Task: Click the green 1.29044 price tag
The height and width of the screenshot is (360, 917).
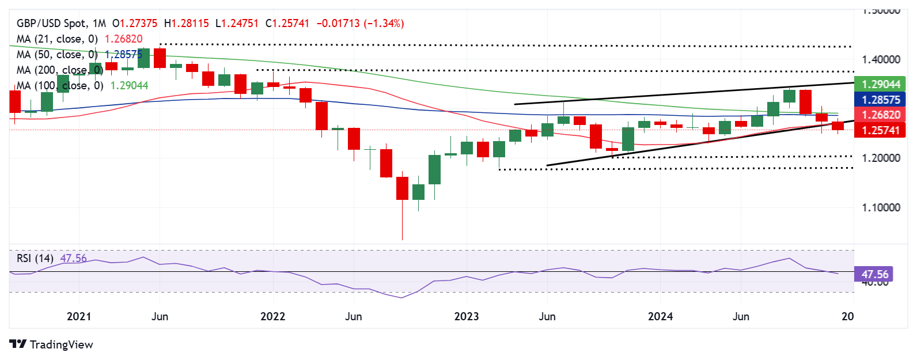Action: tap(880, 85)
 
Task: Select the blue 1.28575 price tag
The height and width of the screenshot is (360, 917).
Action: tap(880, 100)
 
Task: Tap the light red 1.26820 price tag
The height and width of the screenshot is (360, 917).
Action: tap(880, 115)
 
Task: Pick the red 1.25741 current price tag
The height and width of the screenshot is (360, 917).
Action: tap(880, 131)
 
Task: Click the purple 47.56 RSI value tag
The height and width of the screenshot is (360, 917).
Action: tap(874, 275)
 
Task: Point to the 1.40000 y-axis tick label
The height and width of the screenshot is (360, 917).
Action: tap(881, 59)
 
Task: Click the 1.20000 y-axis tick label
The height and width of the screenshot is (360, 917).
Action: tap(881, 158)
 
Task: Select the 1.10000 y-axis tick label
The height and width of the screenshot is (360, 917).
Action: tap(881, 207)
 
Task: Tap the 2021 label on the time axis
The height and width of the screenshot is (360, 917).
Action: tap(79, 316)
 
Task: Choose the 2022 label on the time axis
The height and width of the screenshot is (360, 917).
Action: tap(272, 316)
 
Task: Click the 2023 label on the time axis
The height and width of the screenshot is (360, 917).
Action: tap(466, 316)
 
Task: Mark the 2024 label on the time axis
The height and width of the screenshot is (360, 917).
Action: tap(660, 316)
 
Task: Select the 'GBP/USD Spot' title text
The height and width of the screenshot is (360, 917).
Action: tap(52, 24)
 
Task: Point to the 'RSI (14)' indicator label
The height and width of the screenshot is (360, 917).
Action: tap(35, 258)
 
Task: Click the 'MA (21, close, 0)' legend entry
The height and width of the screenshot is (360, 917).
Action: tap(57, 39)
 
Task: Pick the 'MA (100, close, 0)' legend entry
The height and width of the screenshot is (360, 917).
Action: tap(60, 86)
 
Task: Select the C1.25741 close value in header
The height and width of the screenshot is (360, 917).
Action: tap(287, 24)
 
